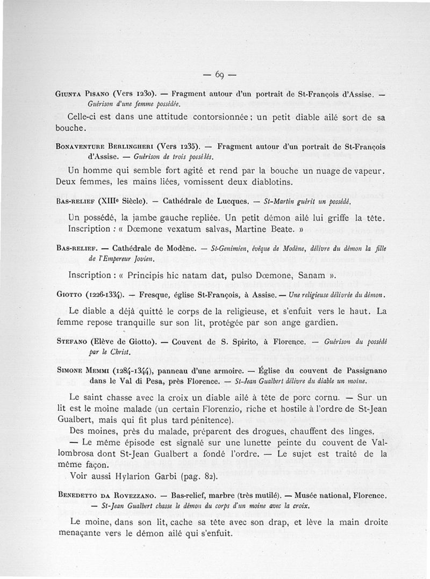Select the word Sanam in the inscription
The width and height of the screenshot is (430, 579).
click(x=305, y=275)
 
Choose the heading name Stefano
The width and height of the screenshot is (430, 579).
click(x=73, y=342)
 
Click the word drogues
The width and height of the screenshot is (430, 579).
click(x=232, y=431)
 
